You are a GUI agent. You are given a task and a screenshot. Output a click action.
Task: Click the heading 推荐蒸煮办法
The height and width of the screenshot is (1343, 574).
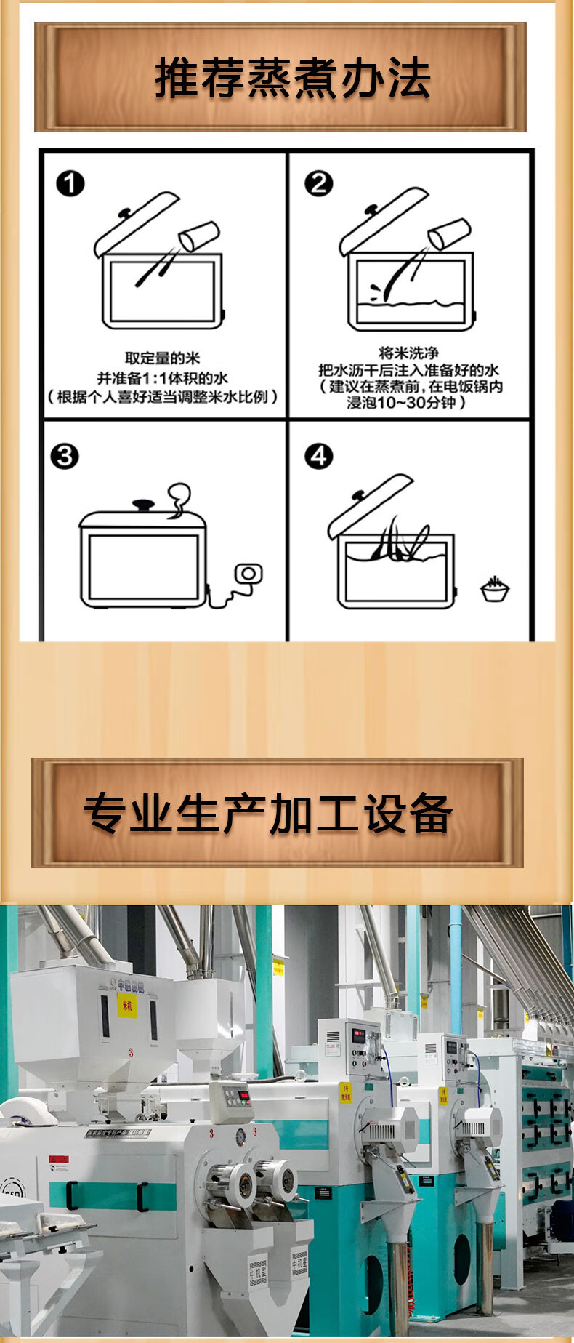coord(292,79)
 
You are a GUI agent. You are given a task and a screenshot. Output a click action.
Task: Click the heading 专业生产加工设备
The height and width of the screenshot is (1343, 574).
coord(268,814)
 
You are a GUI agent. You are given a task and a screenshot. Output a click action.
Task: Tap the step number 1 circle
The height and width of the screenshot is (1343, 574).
coord(70,183)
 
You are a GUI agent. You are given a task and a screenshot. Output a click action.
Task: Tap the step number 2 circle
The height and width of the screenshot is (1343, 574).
coord(318,183)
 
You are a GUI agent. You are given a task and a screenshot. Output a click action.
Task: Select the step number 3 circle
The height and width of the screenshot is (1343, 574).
coord(65,457)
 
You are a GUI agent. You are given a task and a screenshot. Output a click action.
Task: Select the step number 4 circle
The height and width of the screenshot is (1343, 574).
coord(318,457)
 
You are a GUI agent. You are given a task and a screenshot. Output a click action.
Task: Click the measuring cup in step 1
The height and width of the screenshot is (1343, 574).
coord(198,236)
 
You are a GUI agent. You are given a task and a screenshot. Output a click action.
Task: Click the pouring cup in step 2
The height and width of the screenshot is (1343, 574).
coord(448,234)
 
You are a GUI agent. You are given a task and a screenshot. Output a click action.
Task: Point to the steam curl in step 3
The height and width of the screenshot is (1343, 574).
coord(178,501)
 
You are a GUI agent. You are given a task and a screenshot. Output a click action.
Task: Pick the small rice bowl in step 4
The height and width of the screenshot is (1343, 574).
coord(495,589)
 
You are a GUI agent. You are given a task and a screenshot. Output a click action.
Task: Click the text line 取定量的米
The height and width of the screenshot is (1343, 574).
coord(162,358)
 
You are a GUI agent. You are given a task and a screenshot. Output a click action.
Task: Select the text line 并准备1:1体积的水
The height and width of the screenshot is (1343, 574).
coord(162,377)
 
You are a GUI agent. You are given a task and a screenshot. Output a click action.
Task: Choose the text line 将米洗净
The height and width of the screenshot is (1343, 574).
coord(408,353)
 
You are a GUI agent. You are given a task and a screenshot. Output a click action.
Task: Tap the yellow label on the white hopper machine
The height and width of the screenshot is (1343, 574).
coord(127,1006)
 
